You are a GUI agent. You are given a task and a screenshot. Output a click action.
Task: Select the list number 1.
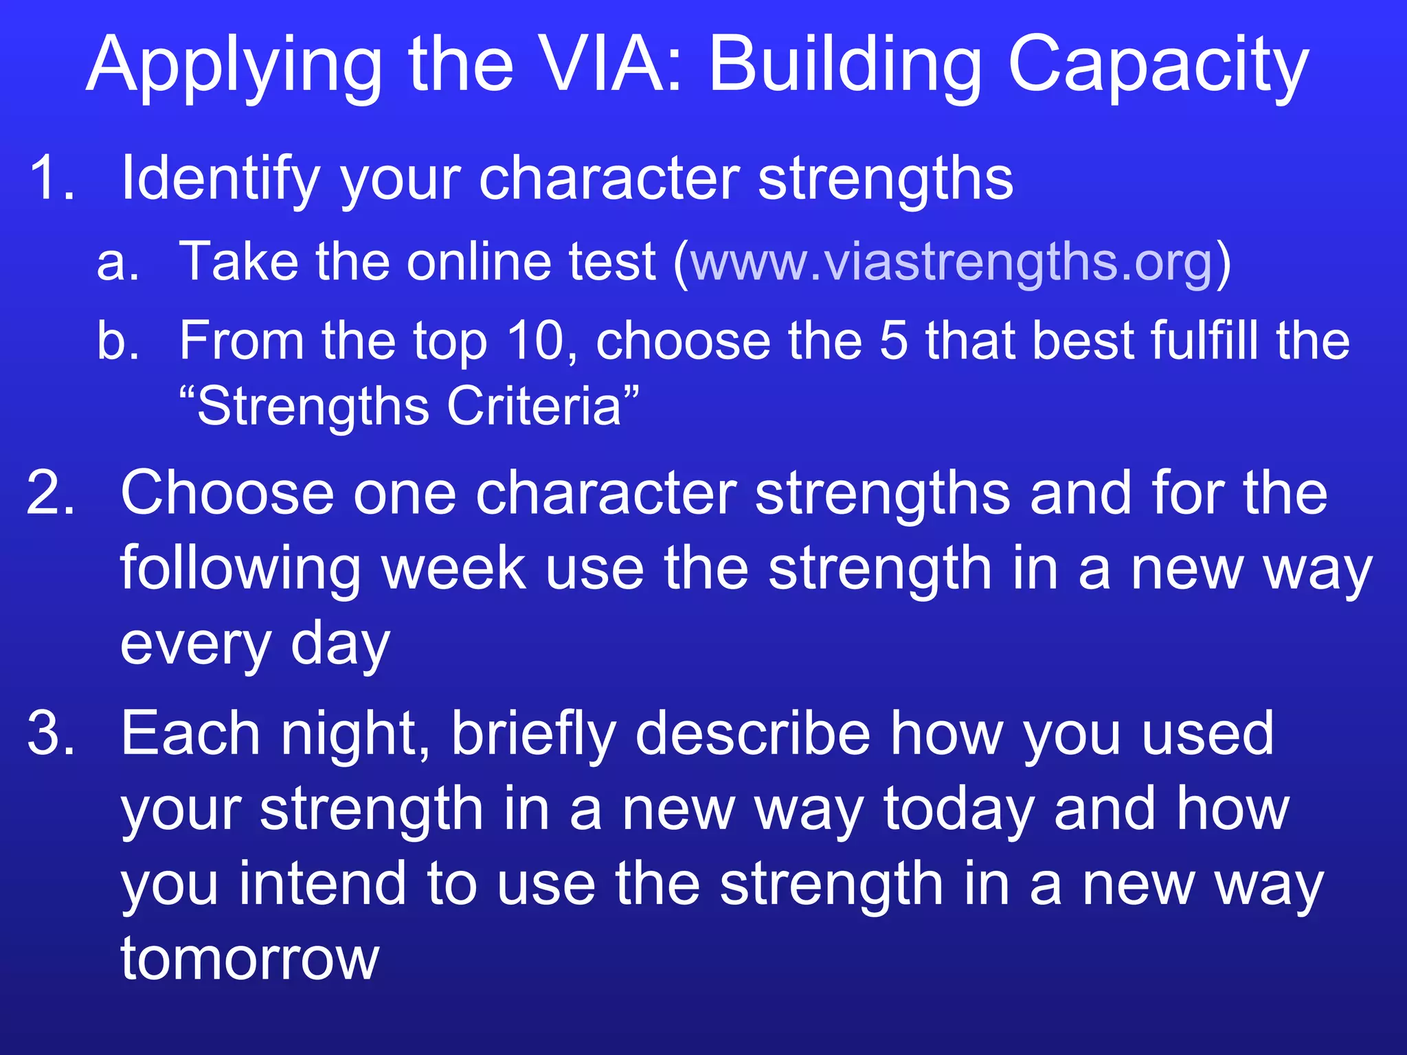click(x=51, y=178)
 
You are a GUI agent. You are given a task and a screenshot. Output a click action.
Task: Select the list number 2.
click(x=51, y=492)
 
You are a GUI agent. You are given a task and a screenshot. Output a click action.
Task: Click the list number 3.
click(x=51, y=734)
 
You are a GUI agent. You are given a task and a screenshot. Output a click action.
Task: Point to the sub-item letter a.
click(x=117, y=263)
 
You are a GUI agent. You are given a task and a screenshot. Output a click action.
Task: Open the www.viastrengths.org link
click(x=952, y=263)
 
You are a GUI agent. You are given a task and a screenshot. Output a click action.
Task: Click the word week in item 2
click(x=453, y=569)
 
